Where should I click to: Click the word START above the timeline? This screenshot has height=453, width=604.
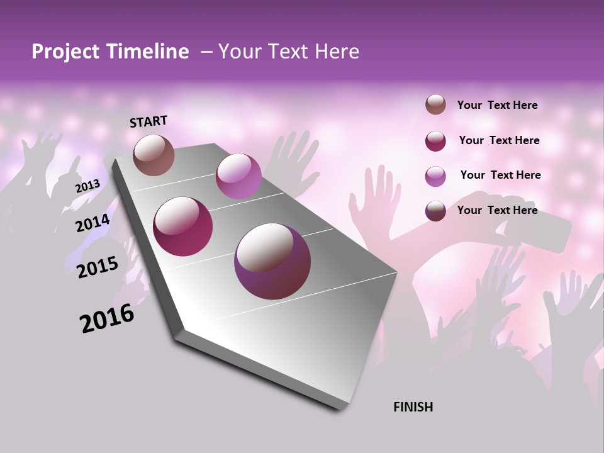click(148, 121)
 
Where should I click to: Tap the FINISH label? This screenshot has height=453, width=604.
click(413, 407)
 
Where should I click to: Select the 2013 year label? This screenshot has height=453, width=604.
click(87, 186)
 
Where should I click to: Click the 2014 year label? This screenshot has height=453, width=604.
click(93, 223)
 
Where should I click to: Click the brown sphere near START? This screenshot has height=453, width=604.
click(154, 155)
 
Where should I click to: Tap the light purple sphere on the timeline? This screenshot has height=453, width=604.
click(238, 176)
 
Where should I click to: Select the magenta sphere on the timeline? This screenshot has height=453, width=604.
click(183, 226)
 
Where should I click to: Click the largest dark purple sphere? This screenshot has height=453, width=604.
click(272, 261)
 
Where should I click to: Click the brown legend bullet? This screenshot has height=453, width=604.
click(435, 105)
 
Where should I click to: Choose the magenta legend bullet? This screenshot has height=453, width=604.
click(435, 141)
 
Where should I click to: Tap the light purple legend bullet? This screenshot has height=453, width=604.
click(435, 176)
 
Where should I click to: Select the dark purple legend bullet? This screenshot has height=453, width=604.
click(435, 211)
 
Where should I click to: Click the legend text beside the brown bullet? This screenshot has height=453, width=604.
click(497, 106)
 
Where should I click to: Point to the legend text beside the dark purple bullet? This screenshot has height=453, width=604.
click(497, 210)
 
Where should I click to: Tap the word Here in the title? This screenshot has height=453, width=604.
click(337, 52)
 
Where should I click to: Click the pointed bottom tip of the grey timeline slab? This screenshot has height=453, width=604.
click(340, 409)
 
